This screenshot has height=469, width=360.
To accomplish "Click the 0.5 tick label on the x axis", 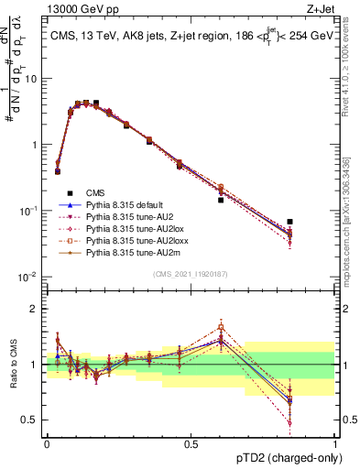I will (191, 442).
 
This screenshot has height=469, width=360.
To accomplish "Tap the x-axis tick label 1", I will (335, 442).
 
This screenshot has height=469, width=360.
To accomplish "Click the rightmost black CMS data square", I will (290, 222).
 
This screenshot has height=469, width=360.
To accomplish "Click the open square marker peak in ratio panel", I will (221, 326).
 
